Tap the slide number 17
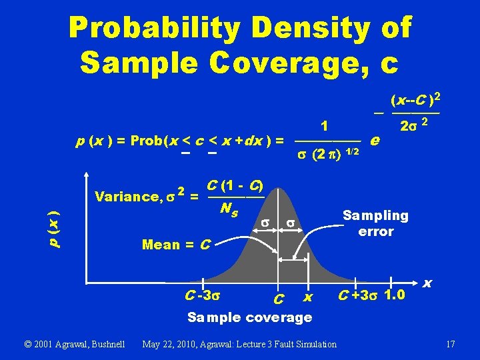tap(450, 345)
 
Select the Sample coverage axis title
tap(249, 317)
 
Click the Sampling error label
tap(375, 223)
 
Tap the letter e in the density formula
tap(375, 141)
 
